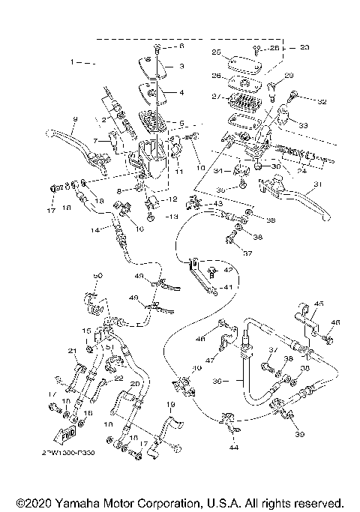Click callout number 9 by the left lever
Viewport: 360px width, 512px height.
(75, 120)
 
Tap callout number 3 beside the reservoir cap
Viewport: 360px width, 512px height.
(181, 66)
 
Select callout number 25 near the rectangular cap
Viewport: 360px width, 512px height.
(215, 52)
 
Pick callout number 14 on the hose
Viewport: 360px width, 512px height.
(95, 231)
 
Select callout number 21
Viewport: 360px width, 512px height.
(72, 351)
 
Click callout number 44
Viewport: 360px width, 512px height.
(235, 448)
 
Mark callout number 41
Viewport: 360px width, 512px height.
(228, 287)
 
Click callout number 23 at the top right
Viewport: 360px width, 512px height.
(304, 47)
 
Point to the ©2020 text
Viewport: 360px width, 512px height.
(32, 502)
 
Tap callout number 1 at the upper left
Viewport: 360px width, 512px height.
(74, 61)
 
